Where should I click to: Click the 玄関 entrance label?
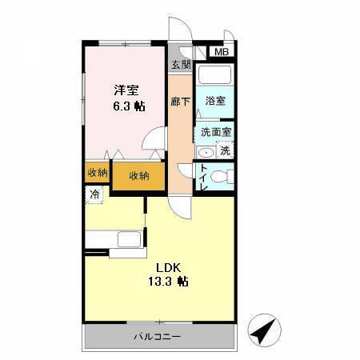[x=180, y=66]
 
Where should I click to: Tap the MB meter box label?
[x=220, y=53]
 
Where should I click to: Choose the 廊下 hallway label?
[x=180, y=102]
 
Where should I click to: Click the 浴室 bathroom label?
[x=214, y=102]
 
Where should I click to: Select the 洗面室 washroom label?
[x=216, y=132]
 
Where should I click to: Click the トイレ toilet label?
[x=204, y=176]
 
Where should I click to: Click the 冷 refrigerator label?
[x=95, y=194]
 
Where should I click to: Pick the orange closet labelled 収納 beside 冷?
[x=97, y=174]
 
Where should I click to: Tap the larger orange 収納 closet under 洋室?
[x=138, y=175]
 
